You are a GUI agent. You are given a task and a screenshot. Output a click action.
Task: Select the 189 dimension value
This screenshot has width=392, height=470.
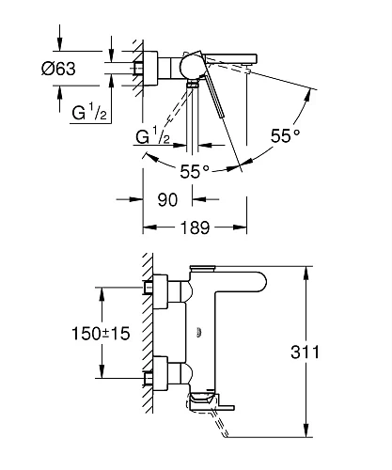point(195,227)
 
